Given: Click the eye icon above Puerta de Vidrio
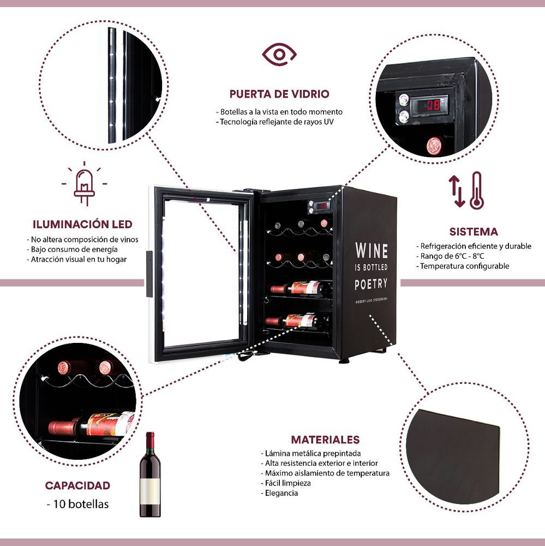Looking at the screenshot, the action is [279, 54].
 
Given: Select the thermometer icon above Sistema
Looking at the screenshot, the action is [476, 191].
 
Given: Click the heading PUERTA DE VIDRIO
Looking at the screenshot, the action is [279, 94].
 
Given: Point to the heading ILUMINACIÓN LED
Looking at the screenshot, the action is [82, 224].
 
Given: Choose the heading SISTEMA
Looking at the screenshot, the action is [474, 232].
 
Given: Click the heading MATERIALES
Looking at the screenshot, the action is [325, 440].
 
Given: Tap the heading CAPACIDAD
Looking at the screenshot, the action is [77, 485].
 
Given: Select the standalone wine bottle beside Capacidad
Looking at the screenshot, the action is [150, 474].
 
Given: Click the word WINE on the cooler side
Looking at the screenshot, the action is [372, 251].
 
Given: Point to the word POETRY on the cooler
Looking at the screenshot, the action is [371, 284].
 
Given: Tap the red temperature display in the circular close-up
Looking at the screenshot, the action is [429, 105].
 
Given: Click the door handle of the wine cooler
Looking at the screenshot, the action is [149, 274].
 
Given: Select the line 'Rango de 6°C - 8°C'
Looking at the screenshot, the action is [450, 256].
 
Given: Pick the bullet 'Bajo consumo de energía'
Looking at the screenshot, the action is [73, 250].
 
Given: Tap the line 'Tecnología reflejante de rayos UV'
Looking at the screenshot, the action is [274, 122].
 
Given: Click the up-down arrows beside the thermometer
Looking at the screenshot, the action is [457, 191].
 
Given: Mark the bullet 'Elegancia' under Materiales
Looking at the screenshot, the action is [279, 493].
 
